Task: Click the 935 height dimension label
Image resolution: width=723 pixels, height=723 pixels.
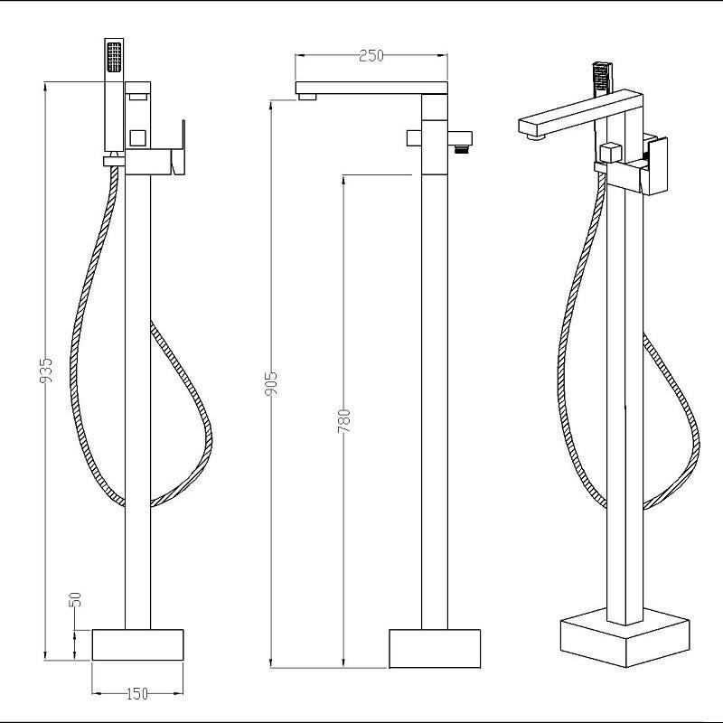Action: pyautogui.click(x=46, y=370)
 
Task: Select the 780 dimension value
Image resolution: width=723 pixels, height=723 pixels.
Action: pyautogui.click(x=344, y=420)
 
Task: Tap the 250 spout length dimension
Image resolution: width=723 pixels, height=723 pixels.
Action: pyautogui.click(x=371, y=56)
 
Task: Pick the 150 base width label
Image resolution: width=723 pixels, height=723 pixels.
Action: pyautogui.click(x=137, y=693)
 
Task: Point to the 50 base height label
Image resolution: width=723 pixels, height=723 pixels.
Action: pyautogui.click(x=75, y=599)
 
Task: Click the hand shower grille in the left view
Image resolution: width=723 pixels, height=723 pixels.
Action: pyautogui.click(x=115, y=57)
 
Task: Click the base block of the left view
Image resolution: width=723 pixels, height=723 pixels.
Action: pyautogui.click(x=137, y=644)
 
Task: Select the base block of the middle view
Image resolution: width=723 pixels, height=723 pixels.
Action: pyautogui.click(x=435, y=648)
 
